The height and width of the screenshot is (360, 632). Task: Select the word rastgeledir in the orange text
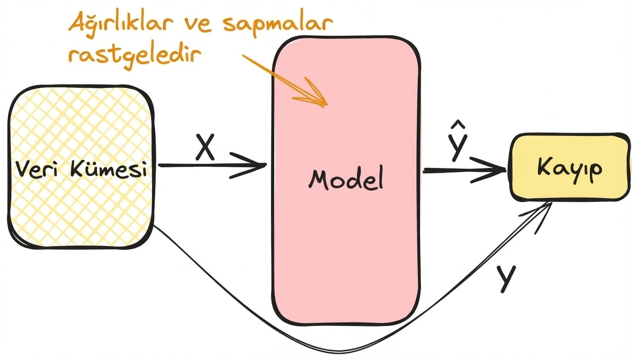point(135,56)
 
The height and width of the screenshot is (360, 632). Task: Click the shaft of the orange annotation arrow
point(276,76)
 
